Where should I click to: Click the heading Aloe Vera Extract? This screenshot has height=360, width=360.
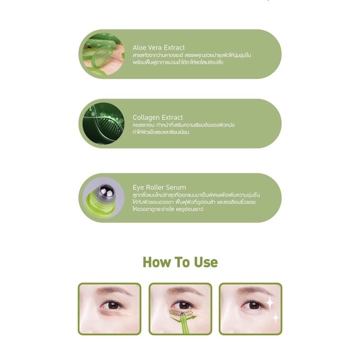pyautogui.click(x=159, y=48)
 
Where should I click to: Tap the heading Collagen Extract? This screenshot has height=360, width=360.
pyautogui.click(x=158, y=117)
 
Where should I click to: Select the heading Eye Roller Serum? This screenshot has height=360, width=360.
pyautogui.click(x=159, y=187)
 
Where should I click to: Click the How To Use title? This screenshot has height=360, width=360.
pyautogui.click(x=180, y=262)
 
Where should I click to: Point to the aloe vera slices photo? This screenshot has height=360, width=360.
pyautogui.click(x=103, y=54)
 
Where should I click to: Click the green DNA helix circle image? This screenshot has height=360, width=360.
pyautogui.click(x=103, y=123)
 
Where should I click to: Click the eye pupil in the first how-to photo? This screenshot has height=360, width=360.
pyautogui.click(x=113, y=306)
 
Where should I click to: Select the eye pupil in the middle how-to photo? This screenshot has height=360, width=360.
pyautogui.click(x=184, y=305)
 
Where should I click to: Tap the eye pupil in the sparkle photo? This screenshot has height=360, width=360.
pyautogui.click(x=254, y=306)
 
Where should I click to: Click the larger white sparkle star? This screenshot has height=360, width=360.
pyautogui.click(x=270, y=302)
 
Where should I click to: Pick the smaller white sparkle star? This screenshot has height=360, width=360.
pyautogui.click(x=275, y=318)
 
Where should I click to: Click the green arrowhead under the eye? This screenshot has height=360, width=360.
pyautogui.click(x=193, y=318)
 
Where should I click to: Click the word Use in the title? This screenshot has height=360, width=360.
pyautogui.click(x=206, y=262)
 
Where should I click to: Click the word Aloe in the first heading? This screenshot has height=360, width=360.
pyautogui.click(x=139, y=48)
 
